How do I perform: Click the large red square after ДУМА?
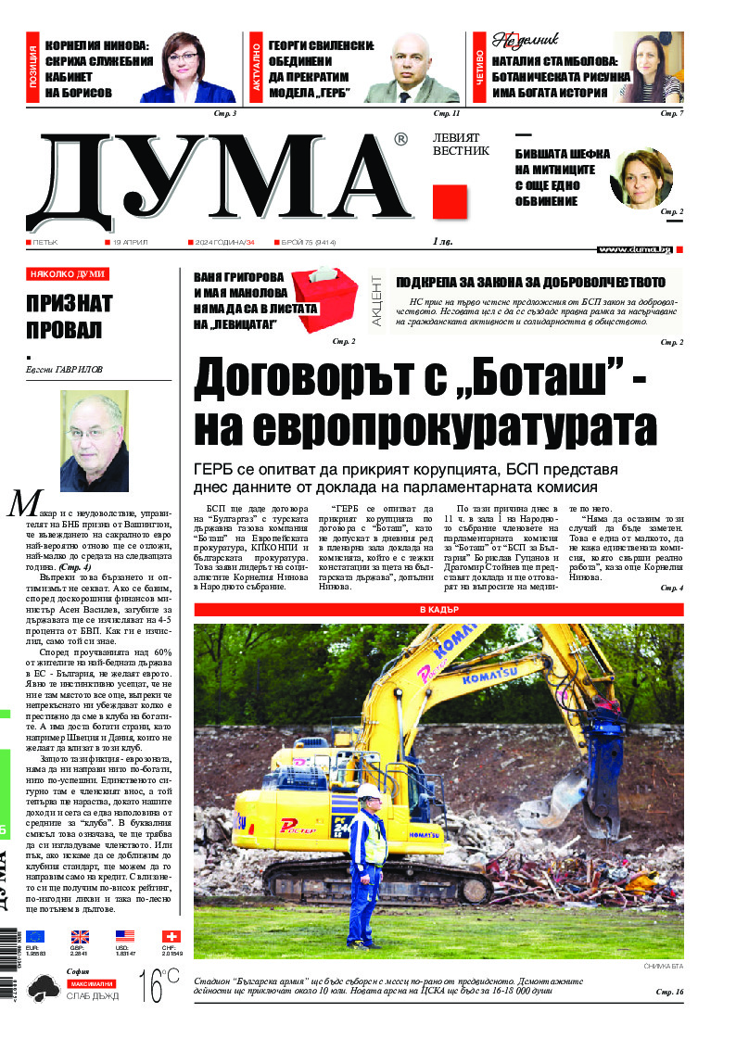(449, 202)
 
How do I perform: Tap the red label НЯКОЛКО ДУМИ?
(68, 274)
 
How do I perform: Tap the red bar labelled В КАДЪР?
(438, 610)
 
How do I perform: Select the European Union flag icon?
(35, 936)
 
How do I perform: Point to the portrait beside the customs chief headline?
(641, 180)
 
